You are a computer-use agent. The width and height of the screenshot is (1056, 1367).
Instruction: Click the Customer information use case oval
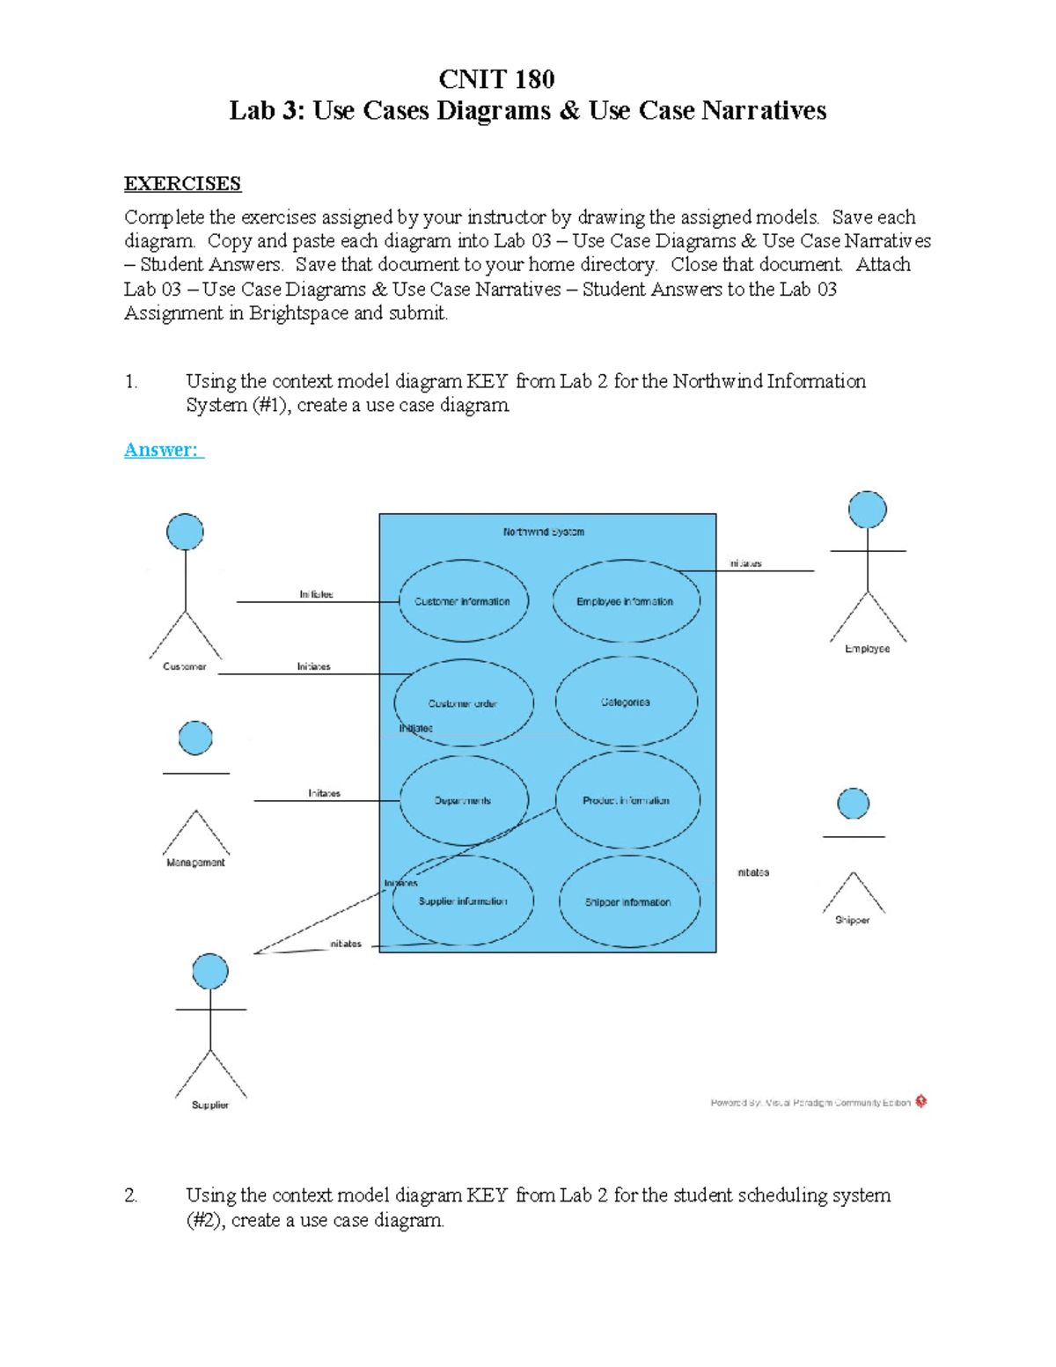tap(463, 601)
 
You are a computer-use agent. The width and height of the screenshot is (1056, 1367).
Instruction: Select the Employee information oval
tap(626, 601)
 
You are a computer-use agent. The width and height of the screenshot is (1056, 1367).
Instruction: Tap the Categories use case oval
tap(626, 702)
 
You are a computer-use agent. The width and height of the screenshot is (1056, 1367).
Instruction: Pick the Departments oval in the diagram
tap(463, 800)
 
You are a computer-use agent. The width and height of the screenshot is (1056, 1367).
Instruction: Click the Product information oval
tap(627, 800)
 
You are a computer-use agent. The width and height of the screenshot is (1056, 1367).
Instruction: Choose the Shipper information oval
tap(628, 901)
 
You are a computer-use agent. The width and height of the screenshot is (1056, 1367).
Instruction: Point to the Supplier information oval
tap(463, 901)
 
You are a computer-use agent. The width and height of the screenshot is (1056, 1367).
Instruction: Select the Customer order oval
tap(463, 703)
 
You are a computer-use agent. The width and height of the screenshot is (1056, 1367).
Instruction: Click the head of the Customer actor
tap(185, 532)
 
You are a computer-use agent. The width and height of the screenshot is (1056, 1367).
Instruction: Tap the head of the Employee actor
tap(867, 510)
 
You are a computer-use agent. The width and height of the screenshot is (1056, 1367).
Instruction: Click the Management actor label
tap(195, 863)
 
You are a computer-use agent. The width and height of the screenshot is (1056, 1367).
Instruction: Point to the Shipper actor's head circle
tap(853, 803)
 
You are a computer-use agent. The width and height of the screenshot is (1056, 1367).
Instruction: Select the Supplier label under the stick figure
tap(210, 1105)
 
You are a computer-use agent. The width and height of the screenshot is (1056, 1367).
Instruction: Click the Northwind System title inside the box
tap(544, 532)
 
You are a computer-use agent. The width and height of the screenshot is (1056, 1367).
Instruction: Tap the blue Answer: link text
tap(162, 450)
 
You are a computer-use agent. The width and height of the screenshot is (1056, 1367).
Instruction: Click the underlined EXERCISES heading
tap(182, 184)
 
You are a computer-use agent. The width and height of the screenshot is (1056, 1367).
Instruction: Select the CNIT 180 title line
tap(496, 79)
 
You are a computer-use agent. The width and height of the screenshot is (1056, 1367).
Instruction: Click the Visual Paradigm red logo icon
tap(920, 1101)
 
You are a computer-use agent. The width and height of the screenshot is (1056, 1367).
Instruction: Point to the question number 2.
tap(131, 1195)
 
